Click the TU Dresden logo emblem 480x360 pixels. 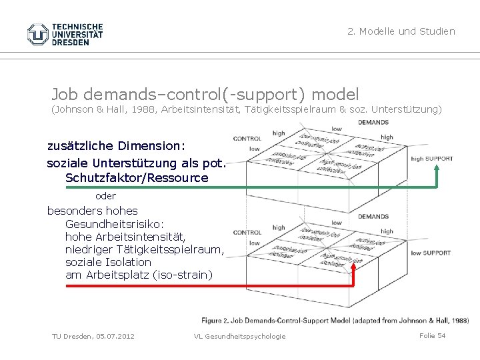[x=38, y=34]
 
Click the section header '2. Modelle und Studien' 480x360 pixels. [x=401, y=31]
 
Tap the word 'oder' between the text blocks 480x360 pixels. [x=105, y=196]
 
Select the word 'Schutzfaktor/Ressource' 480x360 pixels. [x=137, y=178]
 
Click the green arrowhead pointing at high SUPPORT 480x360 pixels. [x=437, y=169]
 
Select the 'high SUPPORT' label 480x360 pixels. [x=432, y=159]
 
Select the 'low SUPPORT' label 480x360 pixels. [x=431, y=253]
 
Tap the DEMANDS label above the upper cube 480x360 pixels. [x=373, y=122]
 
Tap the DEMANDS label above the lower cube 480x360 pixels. [x=373, y=216]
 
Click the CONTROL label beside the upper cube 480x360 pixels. [x=247, y=139]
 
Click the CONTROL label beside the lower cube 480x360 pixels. [x=247, y=233]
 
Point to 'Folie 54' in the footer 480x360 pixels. [x=432, y=335]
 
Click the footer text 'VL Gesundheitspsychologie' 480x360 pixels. [x=239, y=336]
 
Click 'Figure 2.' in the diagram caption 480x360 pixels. [x=217, y=321]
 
